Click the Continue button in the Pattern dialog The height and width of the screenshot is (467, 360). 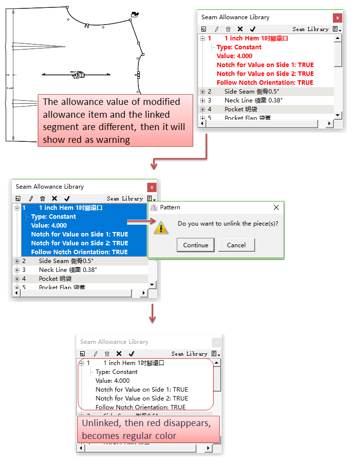[196, 245]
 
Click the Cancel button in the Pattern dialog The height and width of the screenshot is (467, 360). [236, 245]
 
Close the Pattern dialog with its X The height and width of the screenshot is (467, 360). [276, 207]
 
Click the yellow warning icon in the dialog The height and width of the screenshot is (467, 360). [161, 227]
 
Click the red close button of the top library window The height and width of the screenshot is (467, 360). [337, 18]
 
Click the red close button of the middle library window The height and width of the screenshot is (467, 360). [152, 187]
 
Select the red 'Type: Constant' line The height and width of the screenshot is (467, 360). [239, 47]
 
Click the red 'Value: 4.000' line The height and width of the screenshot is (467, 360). [234, 56]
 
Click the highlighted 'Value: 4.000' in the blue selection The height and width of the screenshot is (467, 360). [49, 226]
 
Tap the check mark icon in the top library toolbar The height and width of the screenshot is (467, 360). [253, 29]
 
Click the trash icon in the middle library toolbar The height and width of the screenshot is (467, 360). [42, 199]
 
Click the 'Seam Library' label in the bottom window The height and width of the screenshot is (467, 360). [189, 354]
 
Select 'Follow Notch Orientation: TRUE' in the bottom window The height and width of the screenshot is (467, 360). [140, 407]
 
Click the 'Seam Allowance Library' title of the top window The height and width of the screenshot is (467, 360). [235, 17]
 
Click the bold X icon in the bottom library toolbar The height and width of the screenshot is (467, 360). [119, 354]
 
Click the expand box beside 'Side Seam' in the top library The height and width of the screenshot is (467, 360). [202, 92]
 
